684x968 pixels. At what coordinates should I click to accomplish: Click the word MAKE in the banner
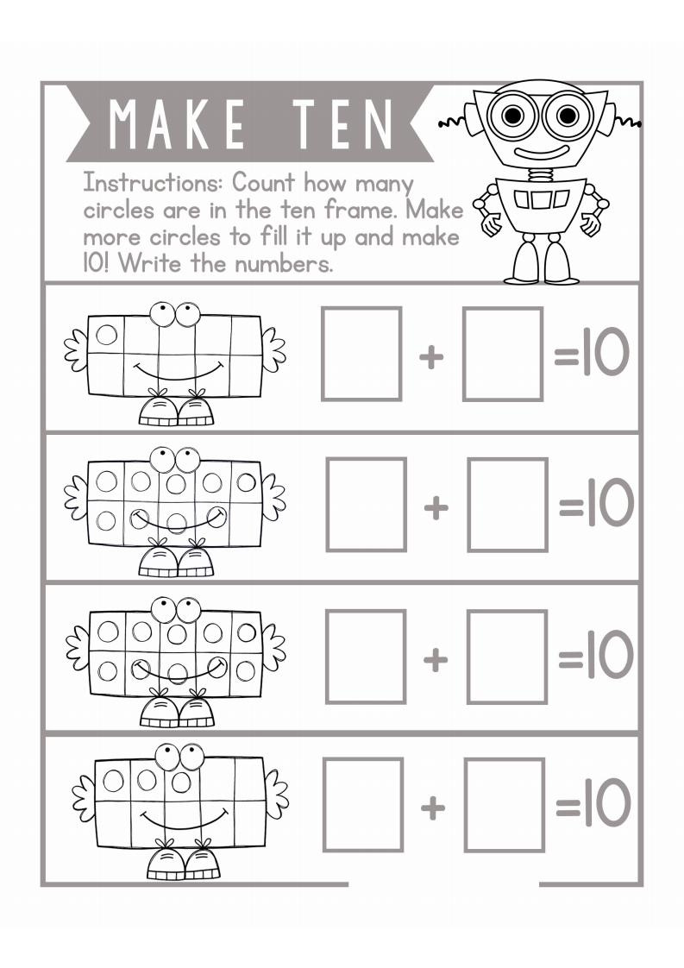point(177,124)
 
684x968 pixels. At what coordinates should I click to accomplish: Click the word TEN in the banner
point(343,124)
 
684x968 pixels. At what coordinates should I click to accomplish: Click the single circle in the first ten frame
point(106,335)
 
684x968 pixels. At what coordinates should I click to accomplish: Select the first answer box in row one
point(361,354)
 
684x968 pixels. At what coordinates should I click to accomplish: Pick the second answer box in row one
point(503,354)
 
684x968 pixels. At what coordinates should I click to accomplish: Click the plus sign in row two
point(436,507)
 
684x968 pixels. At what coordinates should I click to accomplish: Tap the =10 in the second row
point(596,502)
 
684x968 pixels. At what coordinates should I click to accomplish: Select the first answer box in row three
point(366,657)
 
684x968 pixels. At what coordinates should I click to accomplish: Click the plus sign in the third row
point(436,659)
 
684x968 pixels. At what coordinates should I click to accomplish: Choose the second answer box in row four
point(505,805)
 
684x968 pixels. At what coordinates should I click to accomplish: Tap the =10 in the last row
point(593,802)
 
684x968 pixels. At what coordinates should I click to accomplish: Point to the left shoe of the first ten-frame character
point(159,411)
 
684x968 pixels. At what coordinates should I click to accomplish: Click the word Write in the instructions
point(149,264)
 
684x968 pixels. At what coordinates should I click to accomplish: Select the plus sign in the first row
point(431,357)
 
